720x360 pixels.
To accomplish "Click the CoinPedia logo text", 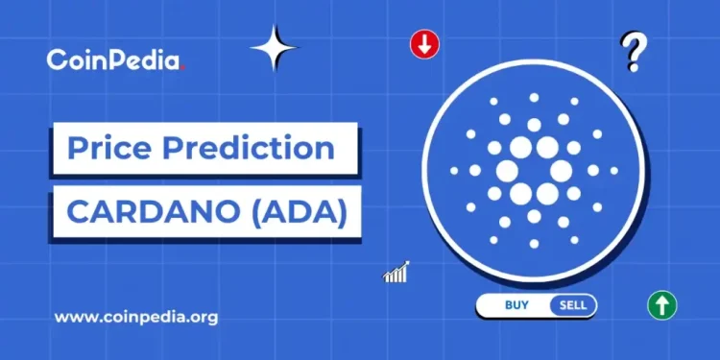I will click(113, 60).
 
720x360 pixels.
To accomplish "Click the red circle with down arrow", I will click(423, 44).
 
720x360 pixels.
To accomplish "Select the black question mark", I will click(632, 53).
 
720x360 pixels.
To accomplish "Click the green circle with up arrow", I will click(661, 306).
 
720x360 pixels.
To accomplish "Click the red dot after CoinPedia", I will click(182, 68).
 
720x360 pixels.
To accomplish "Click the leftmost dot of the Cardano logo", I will click(454, 170).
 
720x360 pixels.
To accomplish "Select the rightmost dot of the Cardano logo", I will click(613, 170).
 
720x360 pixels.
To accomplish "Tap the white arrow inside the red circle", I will click(423, 44).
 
